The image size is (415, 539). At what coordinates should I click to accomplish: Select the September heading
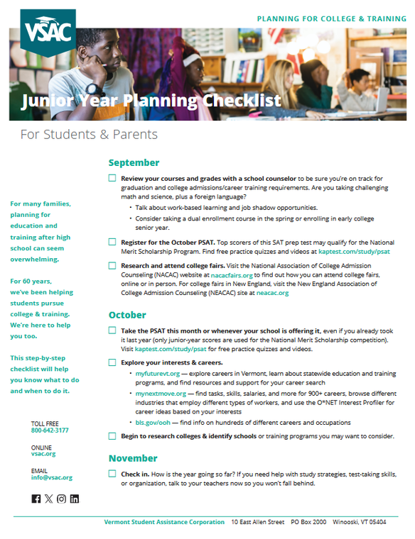134,163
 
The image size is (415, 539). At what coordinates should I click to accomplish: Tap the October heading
127,315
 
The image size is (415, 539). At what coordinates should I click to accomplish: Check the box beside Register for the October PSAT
112,242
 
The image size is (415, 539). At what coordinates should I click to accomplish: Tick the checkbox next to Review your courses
112,178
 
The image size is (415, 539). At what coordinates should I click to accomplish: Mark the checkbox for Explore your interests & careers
112,362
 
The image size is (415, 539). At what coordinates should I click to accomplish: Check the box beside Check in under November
112,473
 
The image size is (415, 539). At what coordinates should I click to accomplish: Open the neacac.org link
274,292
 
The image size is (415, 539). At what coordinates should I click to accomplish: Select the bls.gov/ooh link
153,421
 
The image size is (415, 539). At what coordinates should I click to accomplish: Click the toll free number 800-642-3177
50,430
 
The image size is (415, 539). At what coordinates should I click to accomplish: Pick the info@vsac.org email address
51,478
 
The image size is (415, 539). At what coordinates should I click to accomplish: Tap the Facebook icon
36,499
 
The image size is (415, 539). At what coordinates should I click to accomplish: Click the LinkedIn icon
75,499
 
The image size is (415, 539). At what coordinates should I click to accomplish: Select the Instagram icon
62,499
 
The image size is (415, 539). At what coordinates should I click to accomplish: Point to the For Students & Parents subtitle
89,134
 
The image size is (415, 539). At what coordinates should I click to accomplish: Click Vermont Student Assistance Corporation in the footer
164,523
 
